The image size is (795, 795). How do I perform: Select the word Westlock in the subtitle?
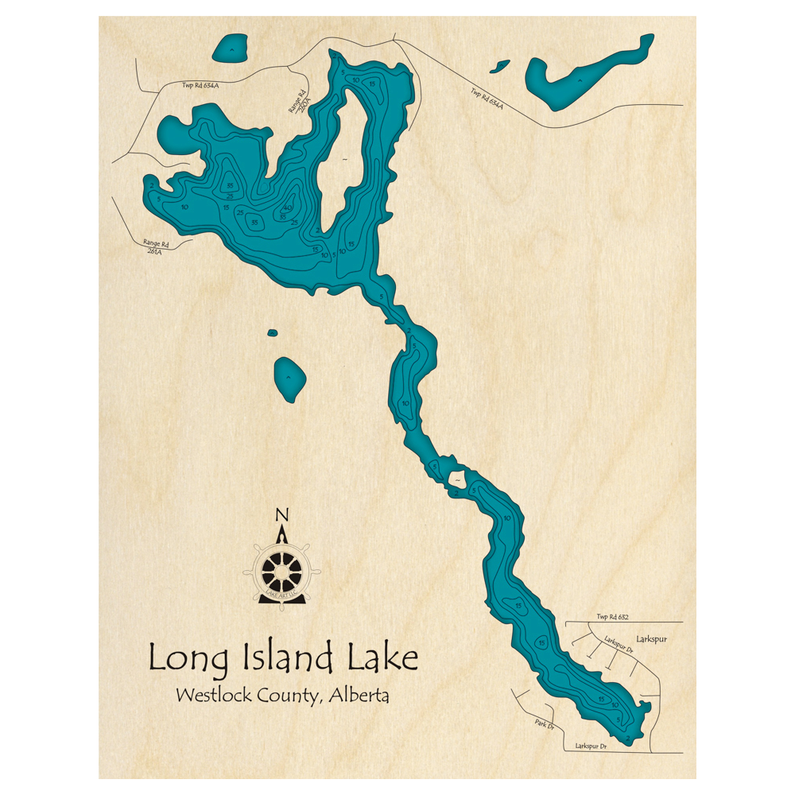coord(213,696)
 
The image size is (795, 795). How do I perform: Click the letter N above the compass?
coord(281,515)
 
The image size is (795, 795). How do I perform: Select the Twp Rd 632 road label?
coord(613,617)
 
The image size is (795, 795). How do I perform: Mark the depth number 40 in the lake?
coord(288,207)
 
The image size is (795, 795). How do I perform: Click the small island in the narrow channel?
coord(458,479)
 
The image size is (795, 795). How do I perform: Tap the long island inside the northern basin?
coord(343,159)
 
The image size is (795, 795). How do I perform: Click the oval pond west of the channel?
coord(290,379)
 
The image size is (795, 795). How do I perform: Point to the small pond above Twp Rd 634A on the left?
coord(230,50)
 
